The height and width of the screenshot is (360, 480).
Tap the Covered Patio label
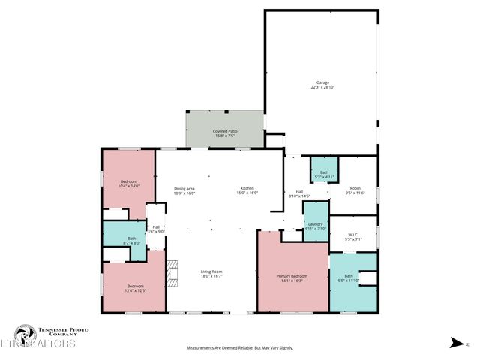coord(224,133)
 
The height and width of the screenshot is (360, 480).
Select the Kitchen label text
coord(248,190)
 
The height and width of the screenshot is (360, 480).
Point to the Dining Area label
coord(184,190)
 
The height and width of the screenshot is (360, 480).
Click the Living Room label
coord(211,273)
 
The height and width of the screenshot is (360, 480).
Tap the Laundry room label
coord(315,226)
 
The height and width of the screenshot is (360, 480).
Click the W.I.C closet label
coord(354,237)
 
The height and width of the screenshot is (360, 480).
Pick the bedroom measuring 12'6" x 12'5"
coord(135,288)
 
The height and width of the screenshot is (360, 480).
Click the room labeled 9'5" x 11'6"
coord(354,190)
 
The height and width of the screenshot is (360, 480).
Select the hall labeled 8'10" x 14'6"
coord(299,193)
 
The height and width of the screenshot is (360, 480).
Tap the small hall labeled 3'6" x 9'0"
coord(156,229)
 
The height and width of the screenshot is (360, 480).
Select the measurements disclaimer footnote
coord(239,348)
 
